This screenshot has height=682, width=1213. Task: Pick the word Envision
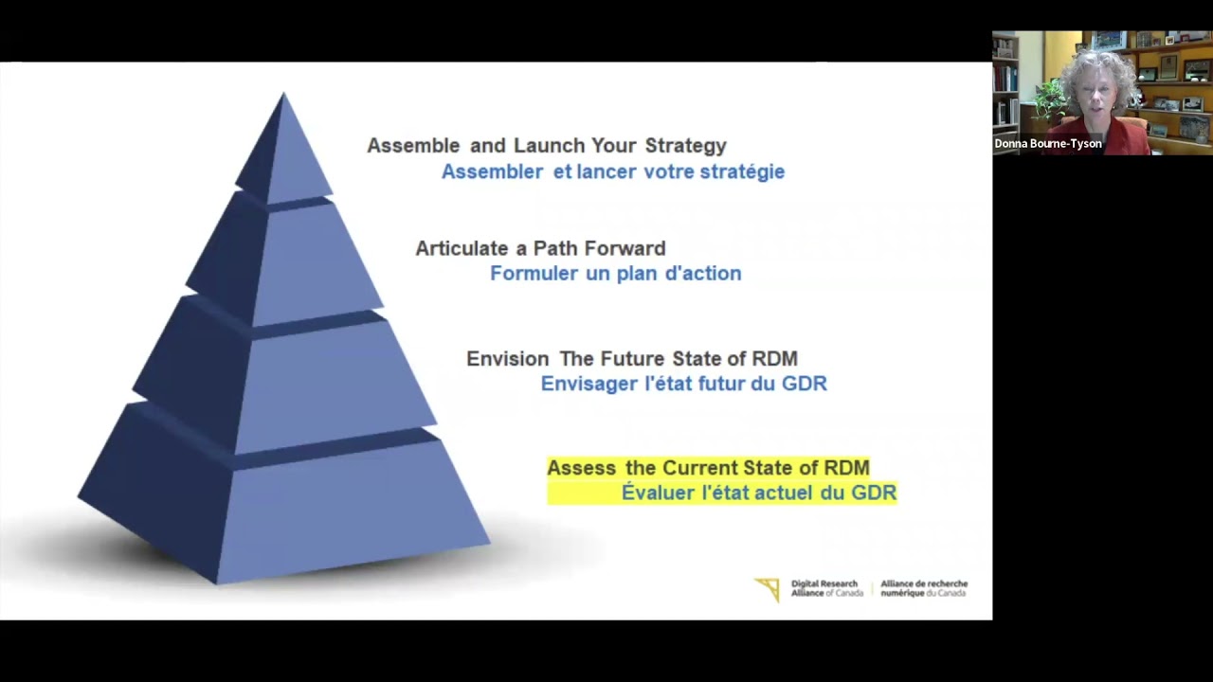pos(507,359)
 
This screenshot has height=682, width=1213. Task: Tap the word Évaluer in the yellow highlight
pos(659,493)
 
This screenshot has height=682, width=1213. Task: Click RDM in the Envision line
pos(774,359)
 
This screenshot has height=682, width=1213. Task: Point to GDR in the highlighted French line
pos(874,493)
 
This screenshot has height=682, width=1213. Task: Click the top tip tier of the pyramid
pos(284,152)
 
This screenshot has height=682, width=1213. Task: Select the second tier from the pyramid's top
pos(284,256)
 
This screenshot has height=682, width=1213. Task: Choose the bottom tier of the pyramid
pos(284,502)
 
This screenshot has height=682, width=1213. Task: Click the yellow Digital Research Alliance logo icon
pos(768,589)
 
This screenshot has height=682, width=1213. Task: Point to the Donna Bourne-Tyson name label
pos(1047,144)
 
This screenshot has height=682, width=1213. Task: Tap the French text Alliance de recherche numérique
pos(924,588)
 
